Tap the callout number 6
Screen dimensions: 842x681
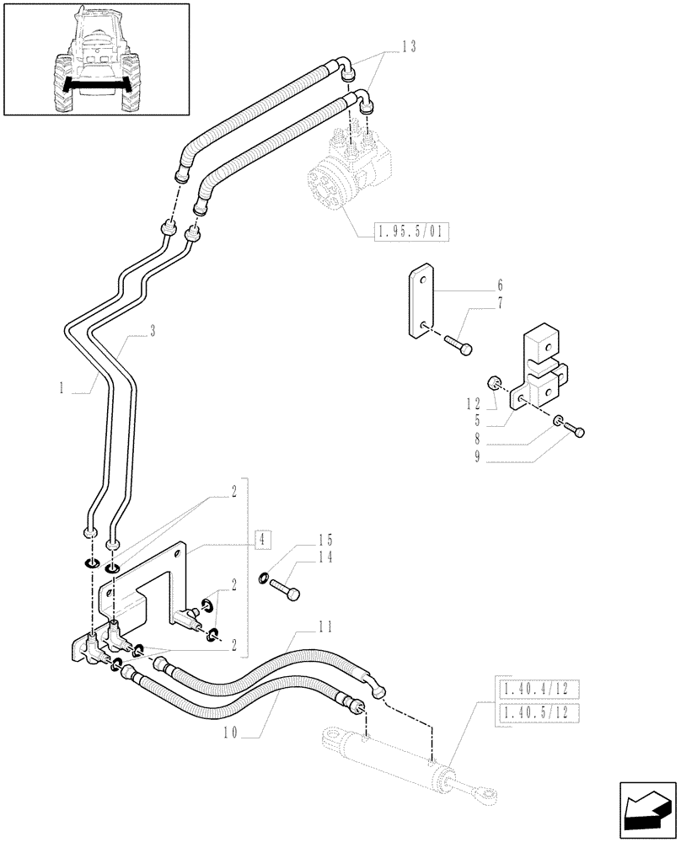(x=499, y=284)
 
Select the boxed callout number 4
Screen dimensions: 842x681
(x=263, y=538)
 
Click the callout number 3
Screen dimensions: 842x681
(x=152, y=333)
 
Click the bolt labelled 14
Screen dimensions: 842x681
(x=284, y=587)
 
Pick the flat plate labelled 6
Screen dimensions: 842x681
(x=422, y=302)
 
